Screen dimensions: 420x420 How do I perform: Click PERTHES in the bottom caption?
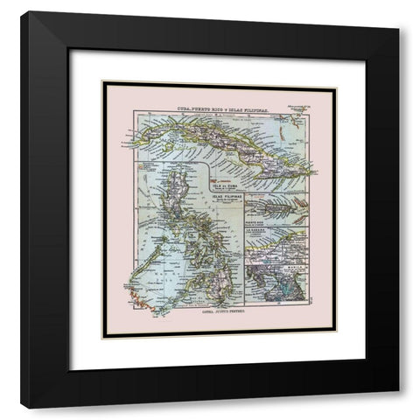pyautogui.click(x=230, y=321)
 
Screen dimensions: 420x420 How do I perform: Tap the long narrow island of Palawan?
pyautogui.click(x=148, y=262)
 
